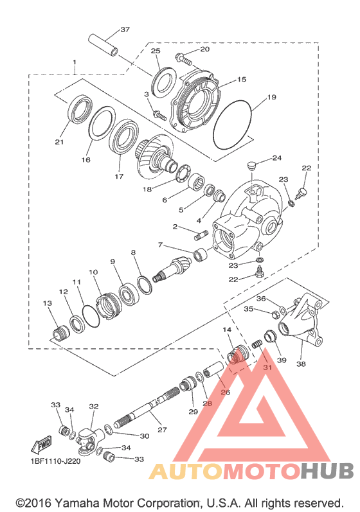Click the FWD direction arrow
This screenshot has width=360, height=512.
pyautogui.click(x=42, y=445)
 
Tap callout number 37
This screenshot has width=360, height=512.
pyautogui.click(x=125, y=30)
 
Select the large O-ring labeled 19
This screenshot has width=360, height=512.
pyautogui.click(x=233, y=125)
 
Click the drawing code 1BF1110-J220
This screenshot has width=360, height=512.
pyautogui.click(x=55, y=462)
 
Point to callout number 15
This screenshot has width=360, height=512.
pyautogui.click(x=242, y=80)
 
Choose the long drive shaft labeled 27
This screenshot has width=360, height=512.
pyautogui.click(x=147, y=409)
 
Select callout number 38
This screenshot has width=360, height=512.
pyautogui.click(x=301, y=364)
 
